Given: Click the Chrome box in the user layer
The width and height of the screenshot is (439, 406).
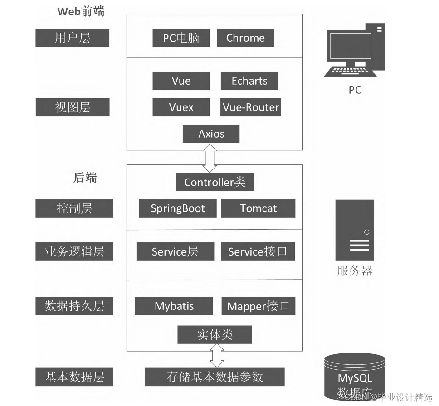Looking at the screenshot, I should click(x=245, y=38).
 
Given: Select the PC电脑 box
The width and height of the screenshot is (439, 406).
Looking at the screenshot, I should click(x=181, y=38).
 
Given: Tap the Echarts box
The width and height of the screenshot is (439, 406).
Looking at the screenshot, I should click(x=249, y=81).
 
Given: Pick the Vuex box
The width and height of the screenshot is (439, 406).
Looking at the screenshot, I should click(x=181, y=107).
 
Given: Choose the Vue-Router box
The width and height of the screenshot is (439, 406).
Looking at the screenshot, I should click(x=251, y=107).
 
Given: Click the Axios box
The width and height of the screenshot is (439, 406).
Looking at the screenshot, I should click(x=211, y=134).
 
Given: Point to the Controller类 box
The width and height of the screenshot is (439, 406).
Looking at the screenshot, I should click(x=215, y=182).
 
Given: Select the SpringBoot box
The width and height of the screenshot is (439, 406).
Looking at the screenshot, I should click(x=178, y=208).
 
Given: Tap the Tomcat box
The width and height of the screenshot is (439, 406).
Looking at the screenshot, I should click(x=258, y=208).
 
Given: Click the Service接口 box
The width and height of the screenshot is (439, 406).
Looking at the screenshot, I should click(x=258, y=251).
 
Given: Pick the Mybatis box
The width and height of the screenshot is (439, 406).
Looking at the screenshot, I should click(x=174, y=306).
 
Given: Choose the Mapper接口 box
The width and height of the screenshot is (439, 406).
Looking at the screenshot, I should click(x=258, y=306).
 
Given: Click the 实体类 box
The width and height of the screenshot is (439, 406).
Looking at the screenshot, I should click(x=215, y=335).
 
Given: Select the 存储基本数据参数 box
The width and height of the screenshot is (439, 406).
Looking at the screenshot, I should click(x=215, y=377).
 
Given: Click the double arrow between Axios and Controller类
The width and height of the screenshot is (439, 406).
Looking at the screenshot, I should click(x=210, y=158).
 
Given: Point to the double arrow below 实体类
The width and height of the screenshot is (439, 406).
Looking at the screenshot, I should click(x=217, y=356).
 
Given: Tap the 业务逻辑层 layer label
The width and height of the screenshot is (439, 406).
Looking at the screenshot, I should click(x=74, y=251).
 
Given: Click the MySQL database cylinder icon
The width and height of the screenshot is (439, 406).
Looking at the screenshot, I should click(x=355, y=376).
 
